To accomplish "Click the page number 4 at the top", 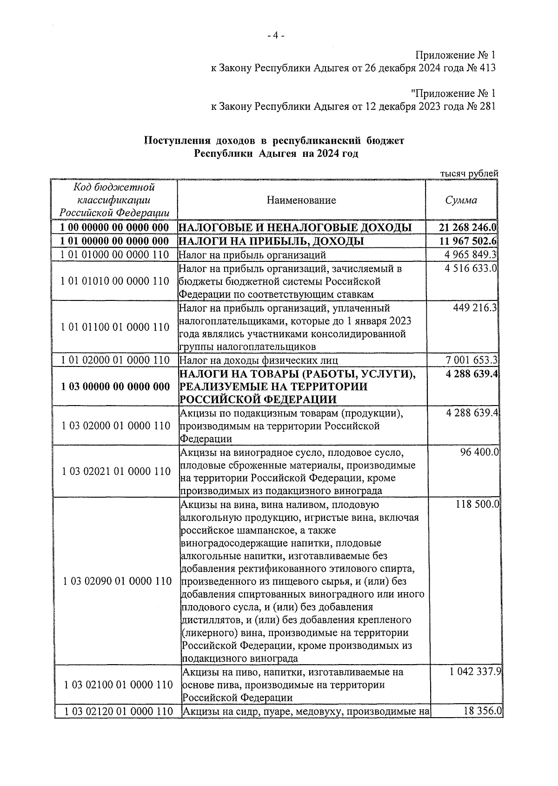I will [276, 36].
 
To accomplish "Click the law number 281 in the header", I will [486, 107].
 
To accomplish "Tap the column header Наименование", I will [301, 200].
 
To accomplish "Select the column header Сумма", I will [461, 200].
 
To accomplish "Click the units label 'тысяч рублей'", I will [469, 173].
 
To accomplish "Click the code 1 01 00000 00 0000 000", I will [115, 241].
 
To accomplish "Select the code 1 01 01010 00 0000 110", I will [115, 281].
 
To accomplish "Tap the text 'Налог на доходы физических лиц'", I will [259, 360].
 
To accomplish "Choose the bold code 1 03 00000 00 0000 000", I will [115, 386].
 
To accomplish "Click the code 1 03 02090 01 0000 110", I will [118, 581].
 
